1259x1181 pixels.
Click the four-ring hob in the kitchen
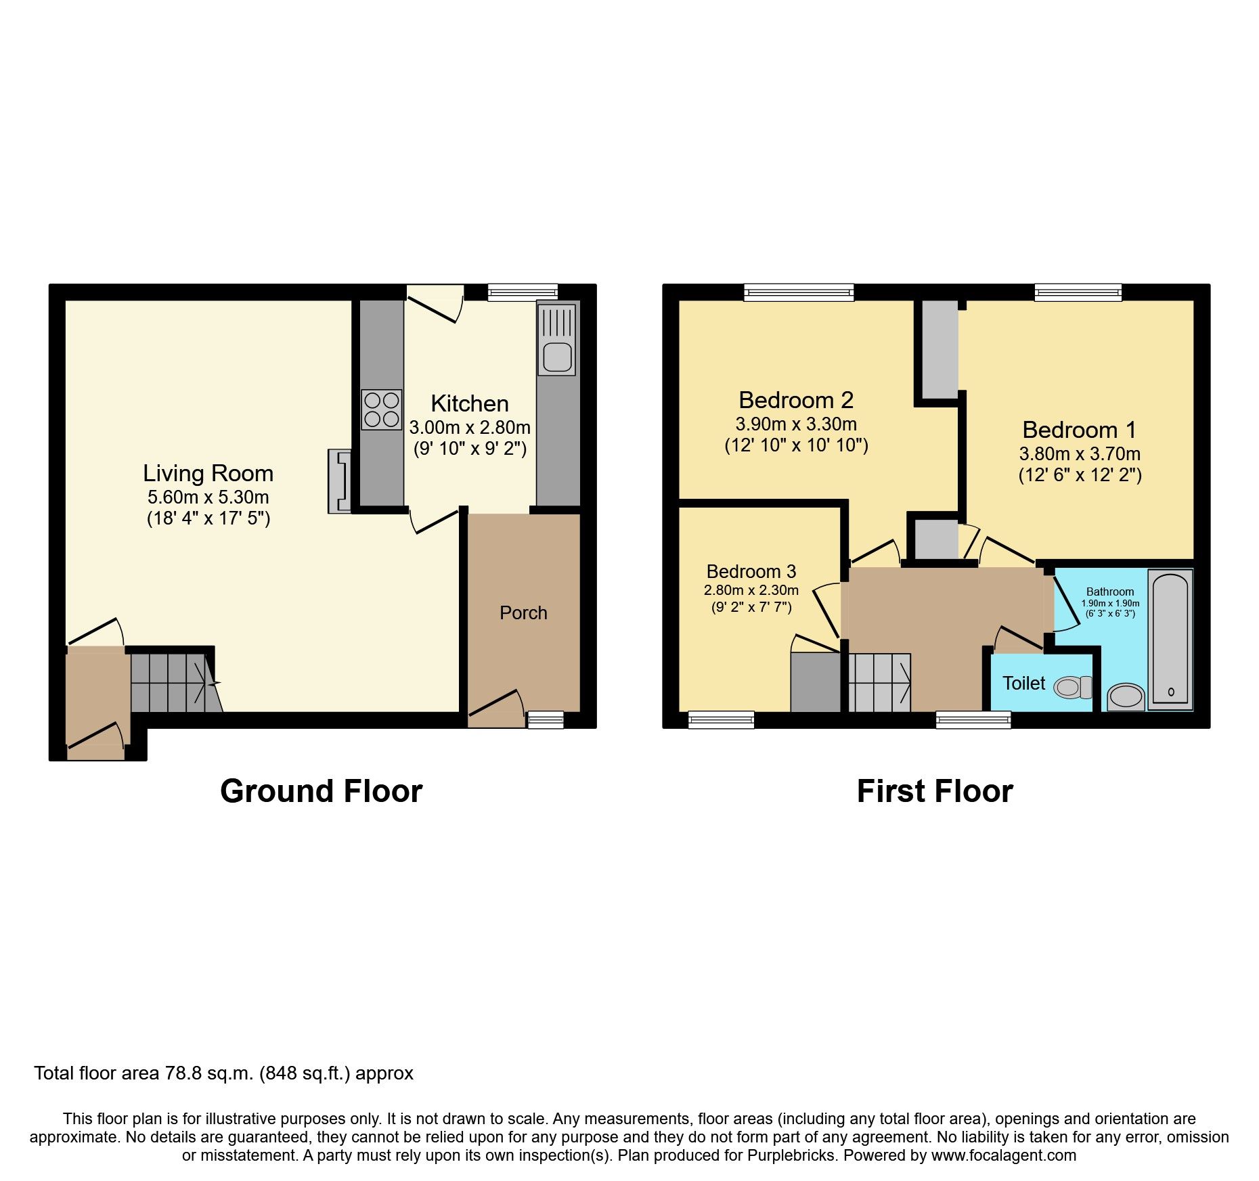click(x=382, y=409)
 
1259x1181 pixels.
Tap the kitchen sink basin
click(x=557, y=356)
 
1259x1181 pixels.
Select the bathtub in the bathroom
click(x=1170, y=640)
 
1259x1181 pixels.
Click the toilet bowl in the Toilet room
click(x=1072, y=688)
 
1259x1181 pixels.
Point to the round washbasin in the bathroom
click(x=1126, y=696)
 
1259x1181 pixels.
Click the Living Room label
click(x=208, y=473)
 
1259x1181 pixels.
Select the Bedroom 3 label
click(x=751, y=571)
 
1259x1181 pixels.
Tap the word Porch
click(x=523, y=612)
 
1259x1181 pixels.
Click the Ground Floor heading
click(x=321, y=790)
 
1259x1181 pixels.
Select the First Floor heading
click(x=934, y=790)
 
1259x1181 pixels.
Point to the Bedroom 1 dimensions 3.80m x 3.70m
click(x=1080, y=453)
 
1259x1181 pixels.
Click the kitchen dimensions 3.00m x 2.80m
click(x=469, y=428)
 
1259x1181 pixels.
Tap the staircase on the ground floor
click(x=173, y=682)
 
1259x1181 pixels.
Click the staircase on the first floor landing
click(x=879, y=682)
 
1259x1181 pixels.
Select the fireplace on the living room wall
click(x=340, y=481)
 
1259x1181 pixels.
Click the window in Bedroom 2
click(x=799, y=292)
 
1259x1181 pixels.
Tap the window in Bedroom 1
click(x=1078, y=292)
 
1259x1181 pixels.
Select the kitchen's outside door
click(x=435, y=305)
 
